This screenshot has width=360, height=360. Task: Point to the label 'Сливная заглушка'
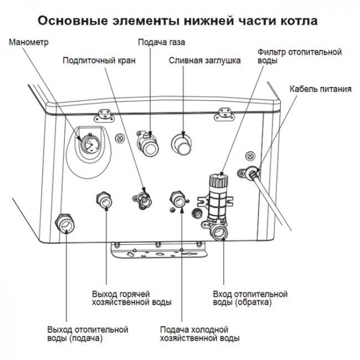tap(205, 61)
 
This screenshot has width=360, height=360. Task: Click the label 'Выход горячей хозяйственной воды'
tap(131, 299)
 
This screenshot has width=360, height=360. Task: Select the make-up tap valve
tap(143, 198)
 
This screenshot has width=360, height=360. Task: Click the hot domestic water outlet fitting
tap(104, 200)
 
